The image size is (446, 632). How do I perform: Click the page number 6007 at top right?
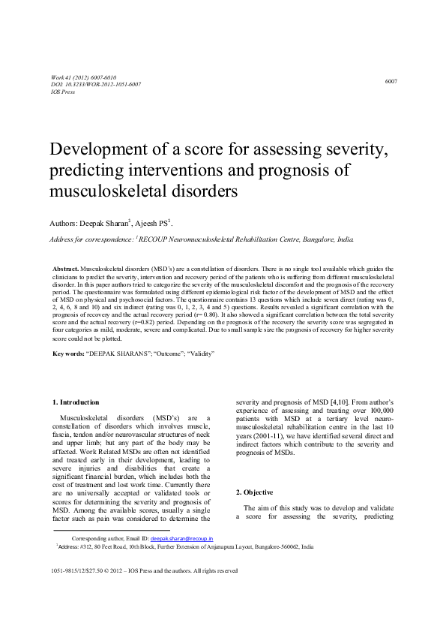(391, 80)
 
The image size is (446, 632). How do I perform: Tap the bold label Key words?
(68, 353)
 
